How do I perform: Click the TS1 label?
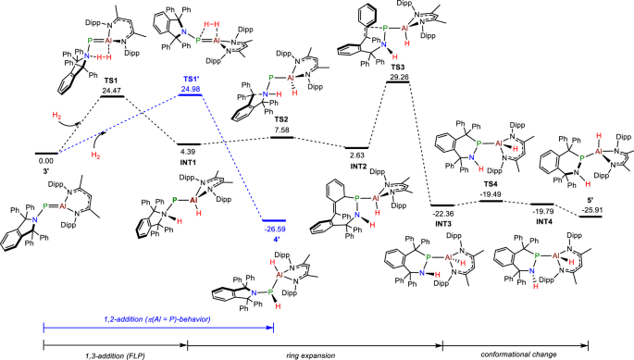[113, 81]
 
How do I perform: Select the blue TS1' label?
[191, 81]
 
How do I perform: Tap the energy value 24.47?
[113, 90]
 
